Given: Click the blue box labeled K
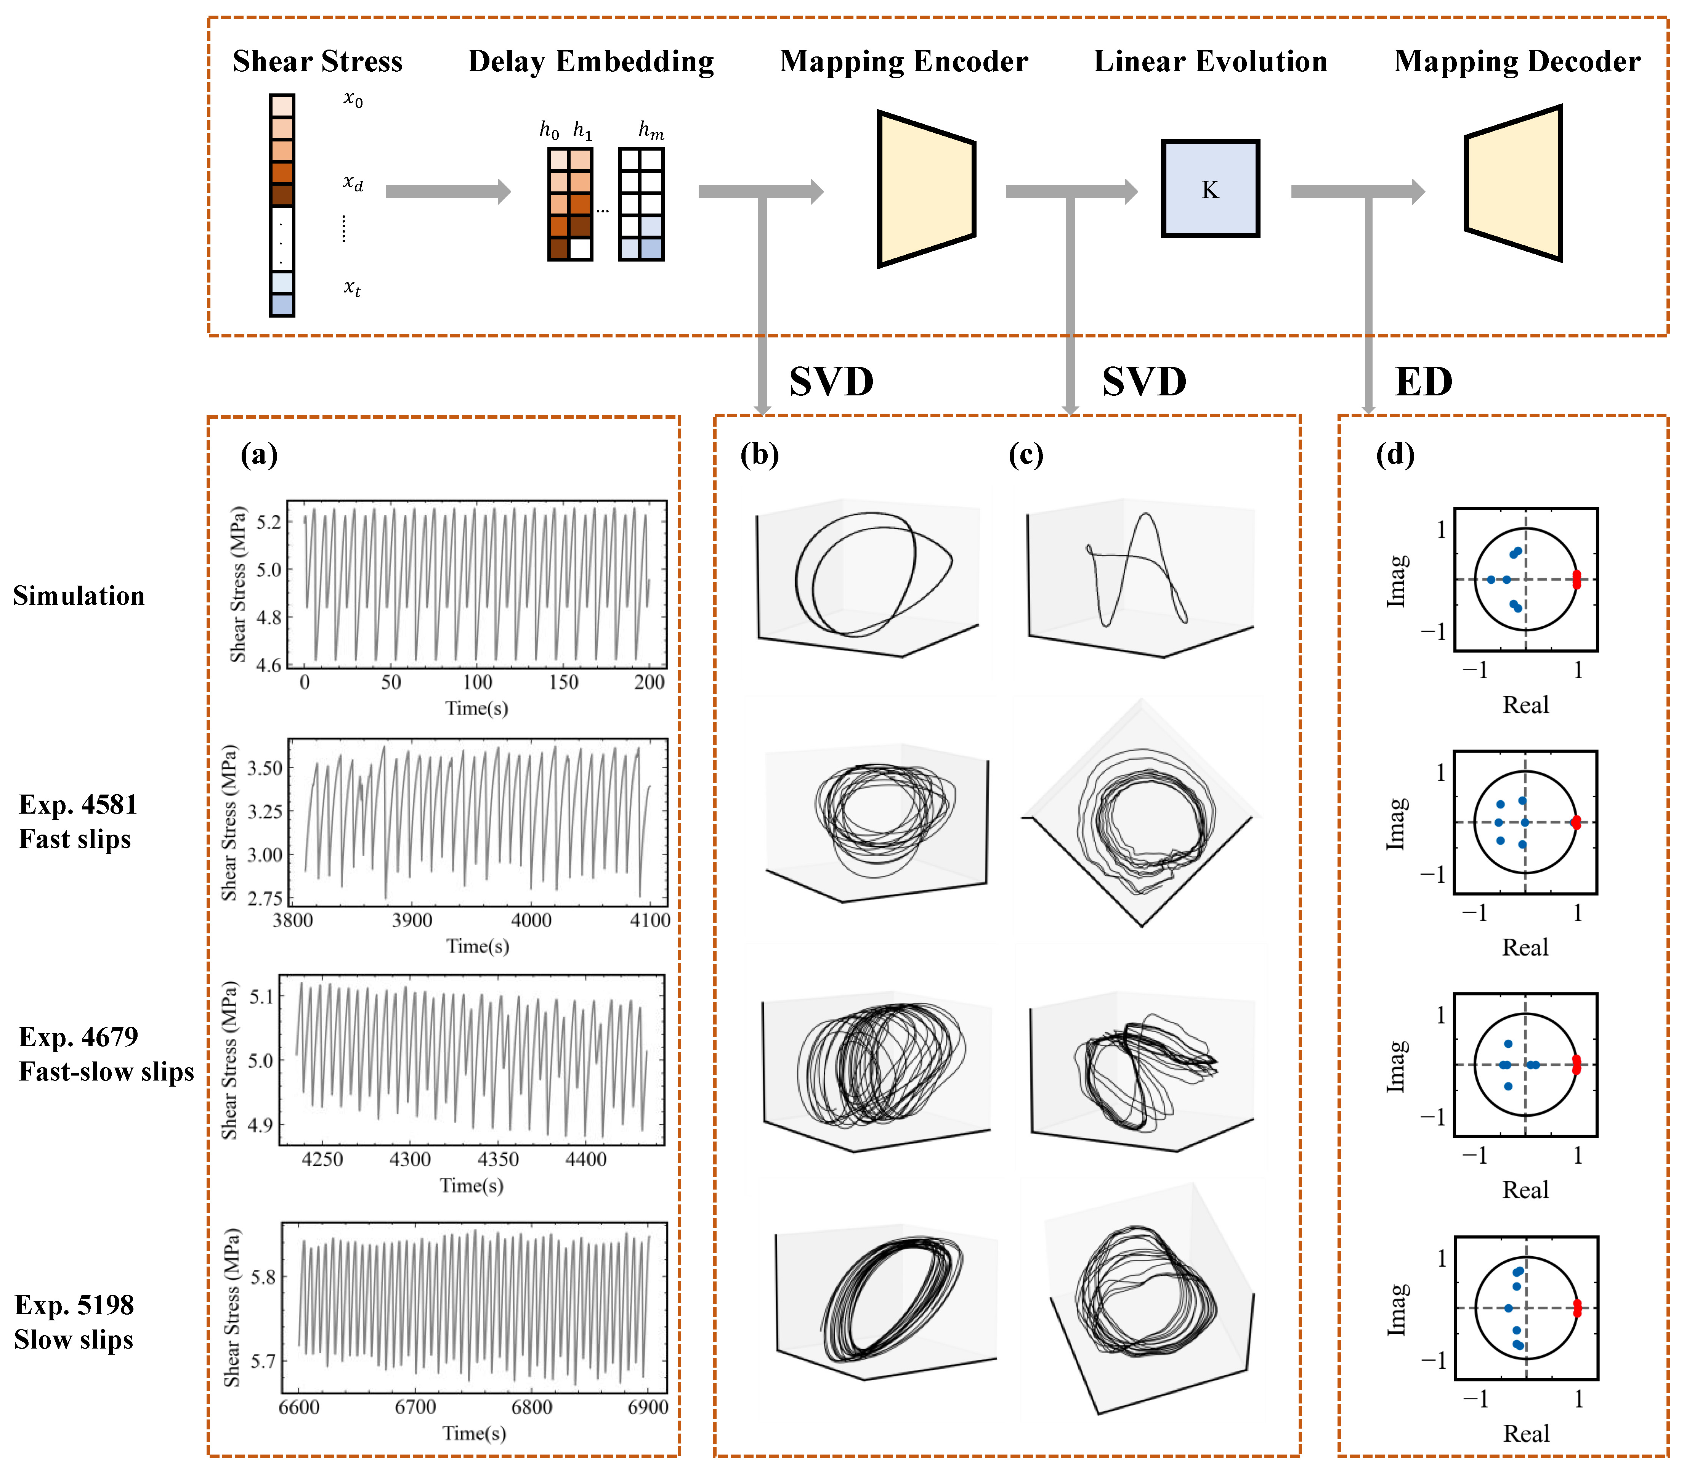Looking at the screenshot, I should tap(1209, 189).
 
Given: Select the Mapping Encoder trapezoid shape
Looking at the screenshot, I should tap(926, 189).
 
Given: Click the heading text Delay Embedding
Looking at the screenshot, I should tap(590, 62).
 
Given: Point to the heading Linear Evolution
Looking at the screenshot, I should tap(1209, 62).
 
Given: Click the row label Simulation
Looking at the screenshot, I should tap(79, 596).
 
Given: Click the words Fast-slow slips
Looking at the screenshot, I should tap(107, 1072).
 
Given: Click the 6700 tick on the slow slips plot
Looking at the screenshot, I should tap(415, 1407).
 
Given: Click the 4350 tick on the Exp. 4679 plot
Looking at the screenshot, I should tap(498, 1159).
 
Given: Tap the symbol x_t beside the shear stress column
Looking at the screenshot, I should tap(352, 288).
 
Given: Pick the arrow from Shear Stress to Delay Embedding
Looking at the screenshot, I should tap(448, 192).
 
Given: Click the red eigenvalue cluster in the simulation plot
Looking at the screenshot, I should tap(1576, 580).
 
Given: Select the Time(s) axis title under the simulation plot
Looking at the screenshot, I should tap(477, 708).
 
